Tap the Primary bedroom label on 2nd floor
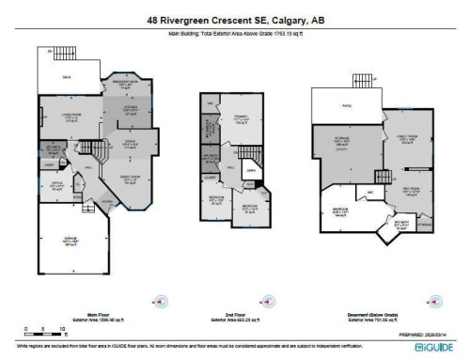click(x=242, y=118)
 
